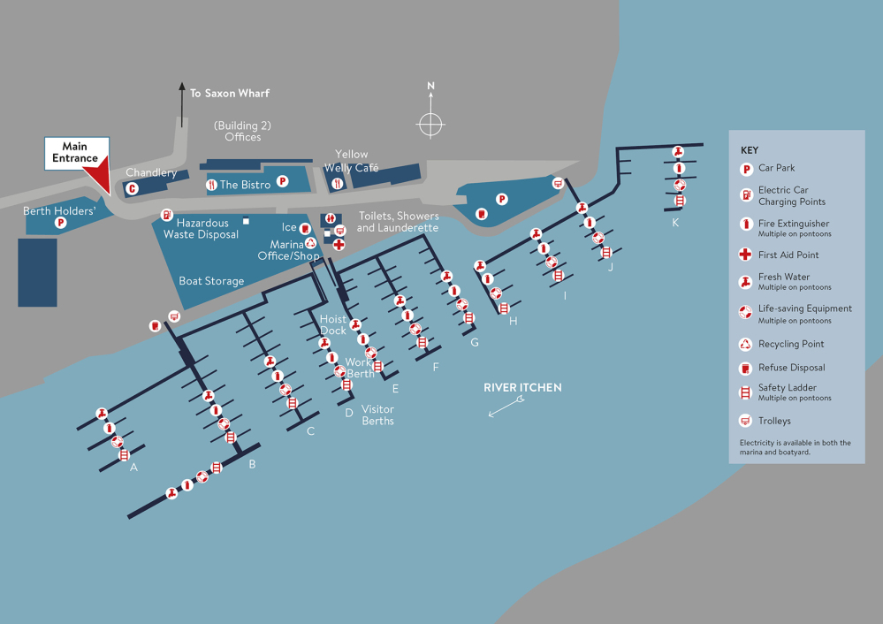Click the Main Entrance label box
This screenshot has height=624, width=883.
coord(76,153)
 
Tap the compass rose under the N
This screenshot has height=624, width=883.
coord(430,125)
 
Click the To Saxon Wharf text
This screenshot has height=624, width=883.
coord(230,93)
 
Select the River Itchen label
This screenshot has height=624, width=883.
coord(522,388)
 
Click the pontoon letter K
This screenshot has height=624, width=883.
coord(675,223)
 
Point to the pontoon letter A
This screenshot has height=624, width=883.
coord(133,468)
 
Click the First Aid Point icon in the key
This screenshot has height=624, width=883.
coord(746,255)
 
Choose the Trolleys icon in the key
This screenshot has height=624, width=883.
coord(746,421)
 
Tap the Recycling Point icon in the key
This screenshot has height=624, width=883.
coord(746,344)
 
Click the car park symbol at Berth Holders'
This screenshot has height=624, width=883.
coord(61,223)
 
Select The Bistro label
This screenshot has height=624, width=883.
coord(245,185)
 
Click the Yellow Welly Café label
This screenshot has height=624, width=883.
coord(351,161)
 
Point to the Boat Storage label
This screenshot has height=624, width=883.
coord(211,281)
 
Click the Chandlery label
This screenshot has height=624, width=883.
coord(151,172)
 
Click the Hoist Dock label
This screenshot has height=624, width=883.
coord(333,324)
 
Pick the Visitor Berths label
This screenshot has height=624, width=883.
coord(377,415)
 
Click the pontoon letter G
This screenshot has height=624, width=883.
coord(475,342)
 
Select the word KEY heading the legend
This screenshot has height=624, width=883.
coord(750,150)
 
